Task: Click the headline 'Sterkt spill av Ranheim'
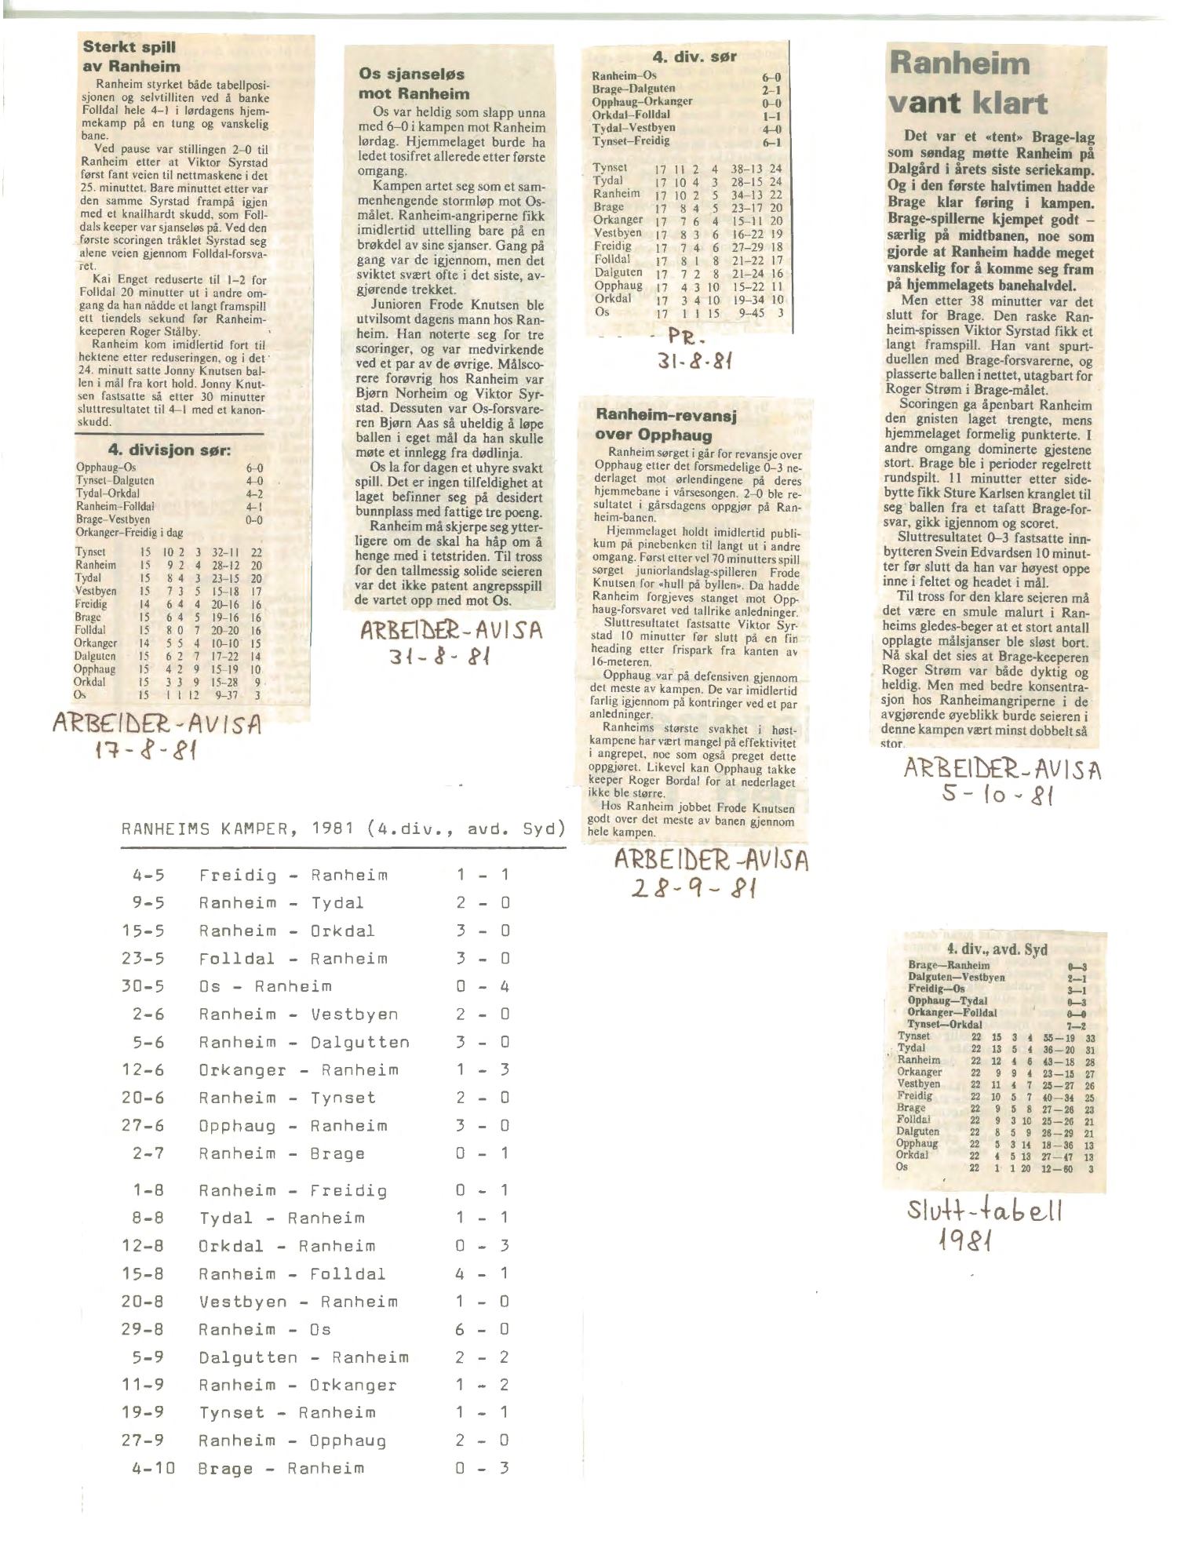131,56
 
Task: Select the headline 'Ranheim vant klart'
968,83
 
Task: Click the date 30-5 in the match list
142,986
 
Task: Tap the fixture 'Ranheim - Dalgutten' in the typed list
304,1042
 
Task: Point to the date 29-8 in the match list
142,1329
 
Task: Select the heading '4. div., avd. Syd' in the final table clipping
996,949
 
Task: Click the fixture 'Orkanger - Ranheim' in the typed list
298,1069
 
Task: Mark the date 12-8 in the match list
142,1245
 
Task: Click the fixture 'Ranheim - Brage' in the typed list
282,1153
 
